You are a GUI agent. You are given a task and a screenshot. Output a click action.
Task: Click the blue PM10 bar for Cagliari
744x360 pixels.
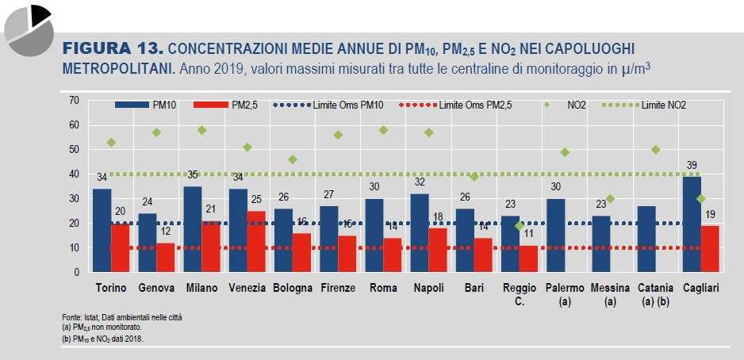point(692,224)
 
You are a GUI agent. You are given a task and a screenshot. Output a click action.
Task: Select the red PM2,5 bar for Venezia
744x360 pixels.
point(256,241)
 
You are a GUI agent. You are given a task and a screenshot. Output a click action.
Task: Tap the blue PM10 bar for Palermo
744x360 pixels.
point(556,236)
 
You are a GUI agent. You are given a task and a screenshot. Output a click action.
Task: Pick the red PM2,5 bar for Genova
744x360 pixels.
point(166,258)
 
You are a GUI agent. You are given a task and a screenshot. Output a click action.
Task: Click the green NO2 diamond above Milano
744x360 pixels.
point(202,130)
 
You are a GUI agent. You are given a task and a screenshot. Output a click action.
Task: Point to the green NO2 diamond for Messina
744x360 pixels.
point(610,199)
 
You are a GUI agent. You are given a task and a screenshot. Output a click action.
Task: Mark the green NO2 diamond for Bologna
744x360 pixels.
point(293,159)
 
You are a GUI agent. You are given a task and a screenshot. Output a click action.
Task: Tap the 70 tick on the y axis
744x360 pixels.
point(75,100)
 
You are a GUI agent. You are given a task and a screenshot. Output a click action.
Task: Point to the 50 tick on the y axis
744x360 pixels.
point(75,149)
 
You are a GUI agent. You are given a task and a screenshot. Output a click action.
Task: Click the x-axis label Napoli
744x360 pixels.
point(428,288)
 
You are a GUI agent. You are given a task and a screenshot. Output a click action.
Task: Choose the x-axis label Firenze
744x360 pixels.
point(338,288)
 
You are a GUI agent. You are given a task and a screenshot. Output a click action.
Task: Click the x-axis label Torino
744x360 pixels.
point(111,288)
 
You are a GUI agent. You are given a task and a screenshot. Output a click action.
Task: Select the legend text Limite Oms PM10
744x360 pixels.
point(348,105)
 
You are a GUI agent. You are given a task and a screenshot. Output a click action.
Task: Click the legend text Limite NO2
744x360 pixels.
point(663,105)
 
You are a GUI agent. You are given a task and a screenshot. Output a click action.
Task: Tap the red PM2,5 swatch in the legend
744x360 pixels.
point(211,105)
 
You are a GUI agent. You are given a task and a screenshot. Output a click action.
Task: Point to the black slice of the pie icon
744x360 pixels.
point(40,15)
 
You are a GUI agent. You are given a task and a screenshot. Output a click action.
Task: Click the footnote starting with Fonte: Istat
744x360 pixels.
point(121,317)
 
